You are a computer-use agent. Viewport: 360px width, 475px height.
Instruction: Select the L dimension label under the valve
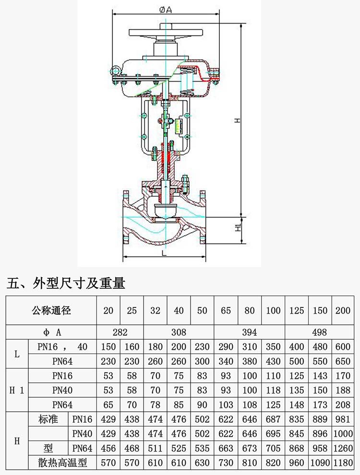164,252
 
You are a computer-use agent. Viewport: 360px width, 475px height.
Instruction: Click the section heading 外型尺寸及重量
66,284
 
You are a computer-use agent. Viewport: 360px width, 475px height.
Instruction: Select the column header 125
297,310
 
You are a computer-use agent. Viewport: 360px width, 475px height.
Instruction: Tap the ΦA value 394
250,332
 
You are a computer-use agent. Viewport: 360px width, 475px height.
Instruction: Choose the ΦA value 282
120,332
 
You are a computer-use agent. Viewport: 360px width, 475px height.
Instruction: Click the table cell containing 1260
343,449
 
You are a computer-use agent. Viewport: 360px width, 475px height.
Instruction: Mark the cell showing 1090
320,463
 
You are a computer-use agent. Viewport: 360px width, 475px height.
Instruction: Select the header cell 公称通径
51,310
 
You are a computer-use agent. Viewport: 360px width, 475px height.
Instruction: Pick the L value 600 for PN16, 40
343,347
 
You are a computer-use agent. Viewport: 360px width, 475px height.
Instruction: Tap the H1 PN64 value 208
343,405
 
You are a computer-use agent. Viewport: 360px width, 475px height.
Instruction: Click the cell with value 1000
343,434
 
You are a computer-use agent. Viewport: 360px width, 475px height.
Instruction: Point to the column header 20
108,310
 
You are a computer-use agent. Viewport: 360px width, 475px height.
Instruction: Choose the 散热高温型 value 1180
343,463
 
